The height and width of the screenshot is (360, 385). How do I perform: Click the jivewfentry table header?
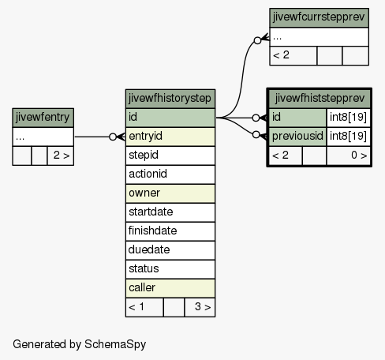[43, 118]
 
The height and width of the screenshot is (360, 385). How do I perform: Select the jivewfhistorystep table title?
[170, 99]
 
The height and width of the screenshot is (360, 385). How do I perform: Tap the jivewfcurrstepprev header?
[319, 17]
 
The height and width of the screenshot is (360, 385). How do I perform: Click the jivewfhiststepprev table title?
[320, 99]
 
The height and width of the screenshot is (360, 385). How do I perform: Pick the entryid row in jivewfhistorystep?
[170, 137]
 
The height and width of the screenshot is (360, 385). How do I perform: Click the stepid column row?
[170, 156]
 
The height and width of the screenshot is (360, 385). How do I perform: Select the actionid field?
[170, 174]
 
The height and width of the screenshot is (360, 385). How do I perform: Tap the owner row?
[170, 193]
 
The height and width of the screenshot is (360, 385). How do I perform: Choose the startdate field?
[170, 212]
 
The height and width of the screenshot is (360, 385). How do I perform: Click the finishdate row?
[170, 231]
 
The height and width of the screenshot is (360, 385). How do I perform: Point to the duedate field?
[170, 250]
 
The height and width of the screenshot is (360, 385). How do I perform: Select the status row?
[170, 269]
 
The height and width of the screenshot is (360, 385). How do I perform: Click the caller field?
[170, 288]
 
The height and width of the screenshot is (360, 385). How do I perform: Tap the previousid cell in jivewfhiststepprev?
[297, 137]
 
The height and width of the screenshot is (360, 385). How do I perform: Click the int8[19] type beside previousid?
[349, 137]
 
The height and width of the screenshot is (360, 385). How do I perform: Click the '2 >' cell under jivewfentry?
[61, 156]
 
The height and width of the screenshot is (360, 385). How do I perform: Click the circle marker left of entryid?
[113, 137]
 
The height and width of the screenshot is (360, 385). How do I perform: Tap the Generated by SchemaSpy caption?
[79, 344]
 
